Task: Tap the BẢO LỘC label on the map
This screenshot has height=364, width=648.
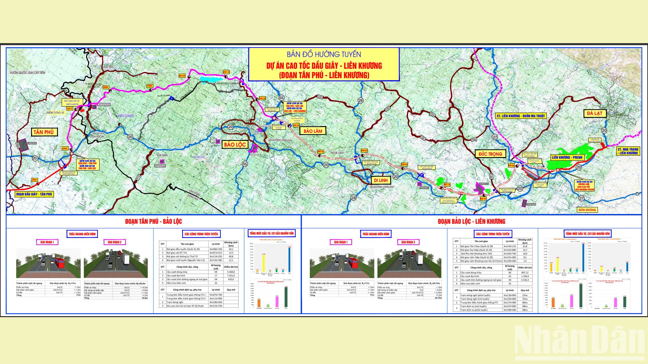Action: coord(235,145)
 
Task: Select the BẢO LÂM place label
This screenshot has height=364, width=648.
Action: coord(313,131)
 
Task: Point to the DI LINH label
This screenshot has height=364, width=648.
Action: coord(381,180)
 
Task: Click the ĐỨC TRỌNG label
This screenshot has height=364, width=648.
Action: coord(490,154)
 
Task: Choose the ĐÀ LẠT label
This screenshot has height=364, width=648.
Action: coord(594,113)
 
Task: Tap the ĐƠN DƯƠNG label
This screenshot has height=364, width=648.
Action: coord(587,210)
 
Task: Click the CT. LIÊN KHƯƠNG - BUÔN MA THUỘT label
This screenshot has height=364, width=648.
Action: coord(520,116)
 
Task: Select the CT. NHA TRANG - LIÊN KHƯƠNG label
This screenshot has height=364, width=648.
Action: coord(628,151)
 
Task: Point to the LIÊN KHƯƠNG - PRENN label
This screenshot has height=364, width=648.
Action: coord(567,157)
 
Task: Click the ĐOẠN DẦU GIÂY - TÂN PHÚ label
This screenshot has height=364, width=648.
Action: coord(34,194)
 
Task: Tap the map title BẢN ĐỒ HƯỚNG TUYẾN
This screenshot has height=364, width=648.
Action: coord(324,55)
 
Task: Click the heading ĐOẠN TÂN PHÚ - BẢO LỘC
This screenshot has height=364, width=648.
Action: coord(154,221)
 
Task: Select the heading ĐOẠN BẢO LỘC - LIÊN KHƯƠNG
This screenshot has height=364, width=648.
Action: coord(471,221)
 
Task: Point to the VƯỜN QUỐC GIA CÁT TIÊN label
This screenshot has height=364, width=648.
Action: coord(27,72)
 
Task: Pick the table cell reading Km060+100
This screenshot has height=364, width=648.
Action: coord(216,249)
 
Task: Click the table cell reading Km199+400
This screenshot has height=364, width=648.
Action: coord(509,261)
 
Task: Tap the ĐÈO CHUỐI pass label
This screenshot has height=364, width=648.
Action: coord(126,116)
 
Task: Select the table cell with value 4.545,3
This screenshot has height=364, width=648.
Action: coord(525,280)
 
